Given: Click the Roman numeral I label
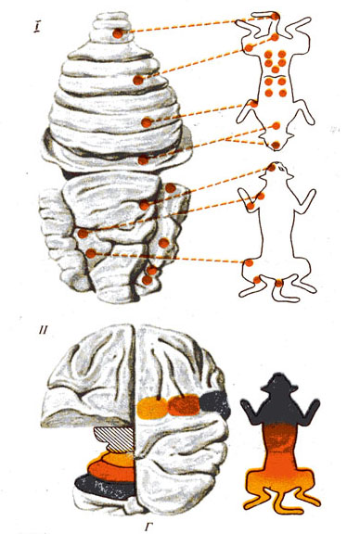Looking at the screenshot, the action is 36,27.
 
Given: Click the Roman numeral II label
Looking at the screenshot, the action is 43,330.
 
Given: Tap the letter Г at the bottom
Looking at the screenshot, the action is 148,528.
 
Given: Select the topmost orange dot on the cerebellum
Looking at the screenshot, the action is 118,33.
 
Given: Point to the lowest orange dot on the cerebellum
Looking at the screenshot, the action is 147,280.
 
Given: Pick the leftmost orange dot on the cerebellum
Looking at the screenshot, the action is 83,234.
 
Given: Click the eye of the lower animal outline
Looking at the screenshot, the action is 280,168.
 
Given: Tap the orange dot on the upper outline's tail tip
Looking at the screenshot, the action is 276,146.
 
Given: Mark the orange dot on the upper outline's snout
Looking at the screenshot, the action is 276,16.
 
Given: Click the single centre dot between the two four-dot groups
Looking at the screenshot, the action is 276,70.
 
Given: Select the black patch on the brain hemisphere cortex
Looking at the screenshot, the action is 215,403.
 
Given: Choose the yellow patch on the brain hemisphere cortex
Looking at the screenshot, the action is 152,408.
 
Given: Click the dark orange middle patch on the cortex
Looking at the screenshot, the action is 184,404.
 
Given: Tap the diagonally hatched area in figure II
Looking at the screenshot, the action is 115,439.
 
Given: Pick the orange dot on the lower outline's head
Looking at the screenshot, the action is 271,167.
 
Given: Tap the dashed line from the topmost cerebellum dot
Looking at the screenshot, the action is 197,25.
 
